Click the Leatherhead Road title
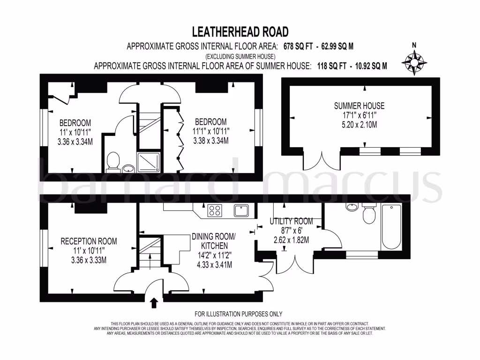point(240,32)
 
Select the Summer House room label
point(360,106)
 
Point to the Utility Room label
point(291,221)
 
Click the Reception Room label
point(89,241)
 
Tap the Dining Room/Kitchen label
point(214,241)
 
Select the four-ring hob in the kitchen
point(215,211)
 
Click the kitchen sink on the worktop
point(242,210)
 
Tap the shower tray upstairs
point(150,161)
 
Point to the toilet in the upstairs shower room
point(112,162)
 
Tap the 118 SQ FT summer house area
point(330,66)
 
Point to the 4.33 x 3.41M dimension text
point(214,265)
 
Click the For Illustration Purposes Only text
point(238,314)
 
